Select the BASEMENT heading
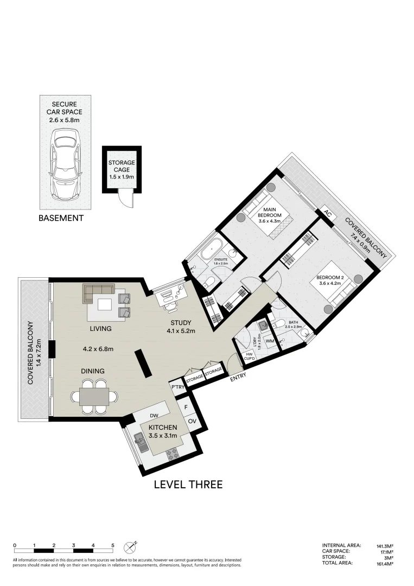[x=61, y=218]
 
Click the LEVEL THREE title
[x=188, y=485]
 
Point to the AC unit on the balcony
[x=327, y=213]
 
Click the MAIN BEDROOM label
[x=273, y=213]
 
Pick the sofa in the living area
[x=98, y=292]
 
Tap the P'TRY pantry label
[x=177, y=387]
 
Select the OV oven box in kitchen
[x=192, y=421]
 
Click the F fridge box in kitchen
[x=186, y=406]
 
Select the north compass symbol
[x=130, y=546]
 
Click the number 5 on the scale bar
[x=112, y=545]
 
